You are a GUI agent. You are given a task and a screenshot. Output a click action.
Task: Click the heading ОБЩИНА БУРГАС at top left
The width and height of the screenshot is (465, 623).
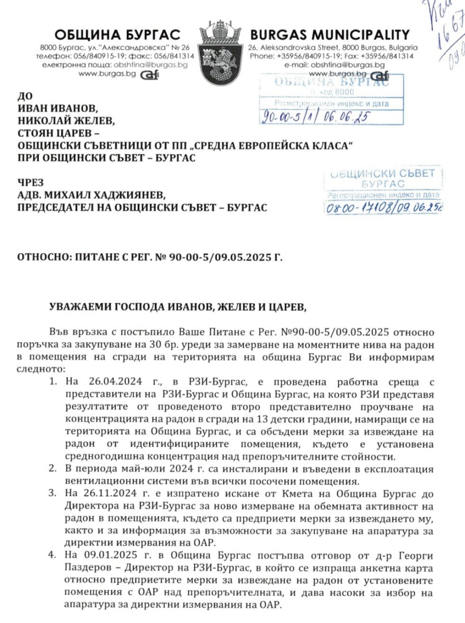click(118, 35)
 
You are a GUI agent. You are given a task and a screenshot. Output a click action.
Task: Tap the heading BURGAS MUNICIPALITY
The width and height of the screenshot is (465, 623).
click(329, 35)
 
